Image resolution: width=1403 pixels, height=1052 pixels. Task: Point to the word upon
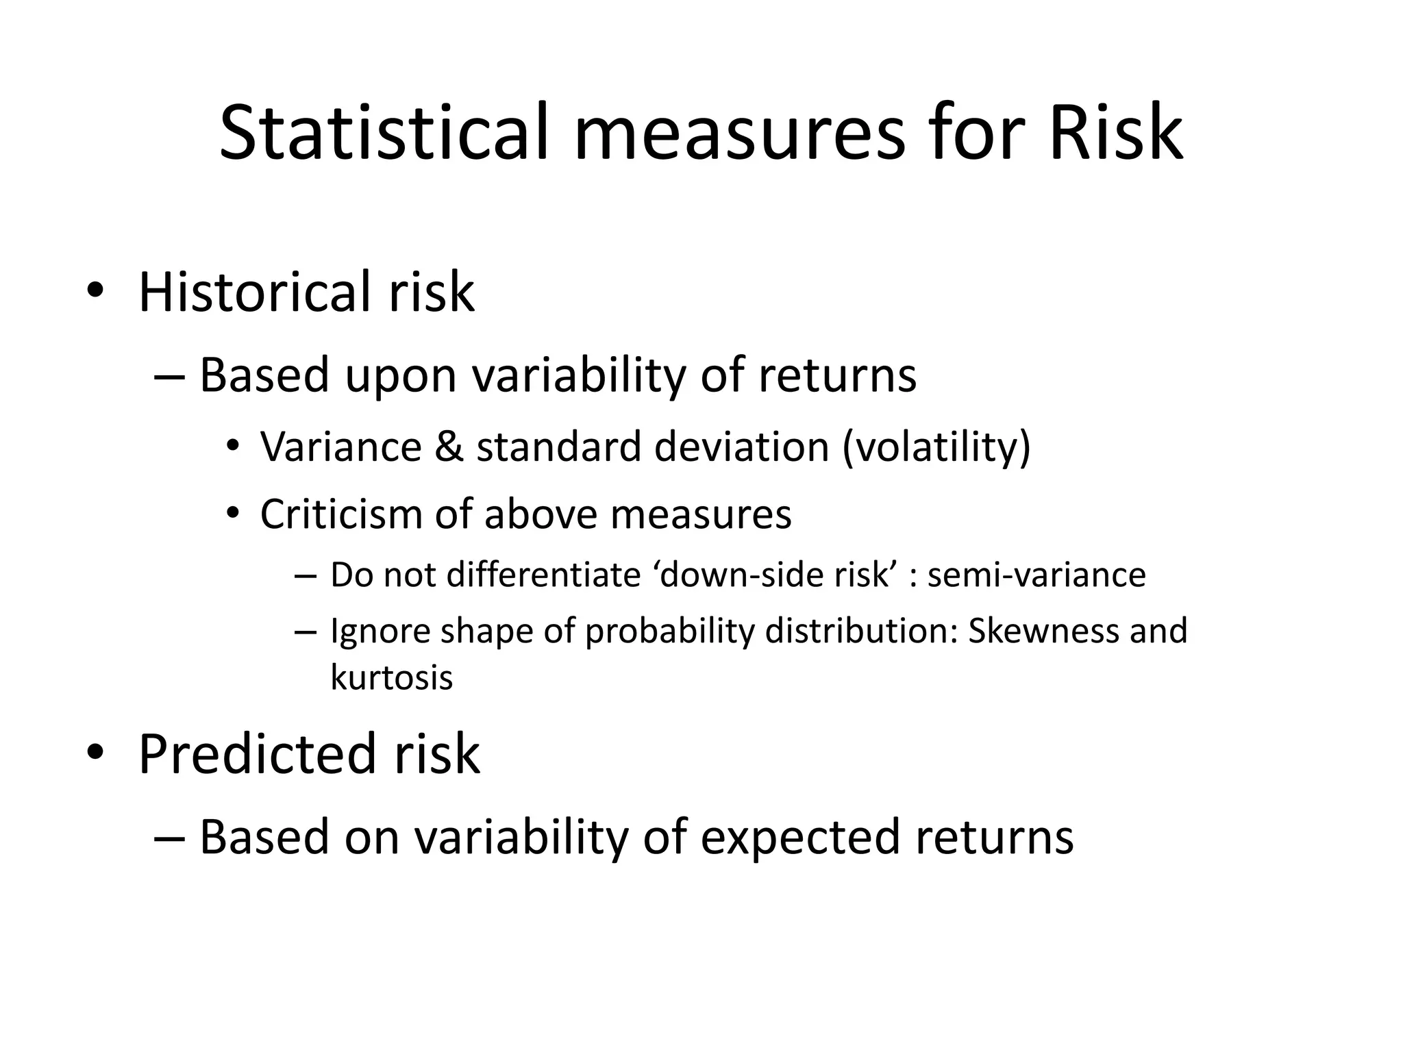point(400,377)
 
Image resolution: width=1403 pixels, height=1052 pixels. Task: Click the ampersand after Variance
point(448,447)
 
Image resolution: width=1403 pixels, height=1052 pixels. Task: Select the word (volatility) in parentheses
point(936,447)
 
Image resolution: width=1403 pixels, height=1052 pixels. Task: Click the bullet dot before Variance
point(234,447)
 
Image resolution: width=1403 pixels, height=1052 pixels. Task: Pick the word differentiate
point(543,575)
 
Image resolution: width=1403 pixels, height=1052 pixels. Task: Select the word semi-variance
point(1036,575)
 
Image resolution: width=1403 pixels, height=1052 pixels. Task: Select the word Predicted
point(258,754)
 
